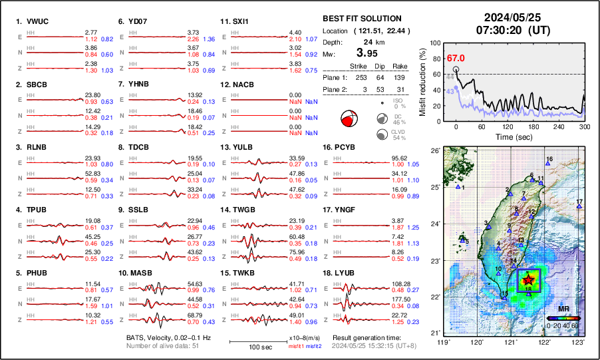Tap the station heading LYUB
[x=345, y=273]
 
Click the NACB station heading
[x=244, y=85]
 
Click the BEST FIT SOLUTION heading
[x=361, y=19]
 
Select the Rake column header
[x=399, y=67]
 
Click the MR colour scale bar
[x=563, y=318]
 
